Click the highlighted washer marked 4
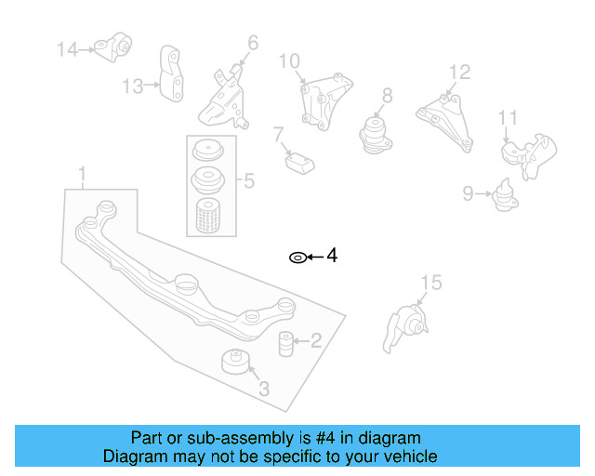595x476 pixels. [x=297, y=257]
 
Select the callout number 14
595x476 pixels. [x=68, y=49]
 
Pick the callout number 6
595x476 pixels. [x=253, y=42]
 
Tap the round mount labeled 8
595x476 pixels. [x=376, y=132]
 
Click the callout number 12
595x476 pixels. [x=459, y=72]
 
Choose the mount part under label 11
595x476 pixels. [x=527, y=155]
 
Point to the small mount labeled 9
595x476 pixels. [x=506, y=197]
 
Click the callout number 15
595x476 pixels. [x=430, y=283]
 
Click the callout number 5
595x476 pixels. [x=248, y=180]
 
